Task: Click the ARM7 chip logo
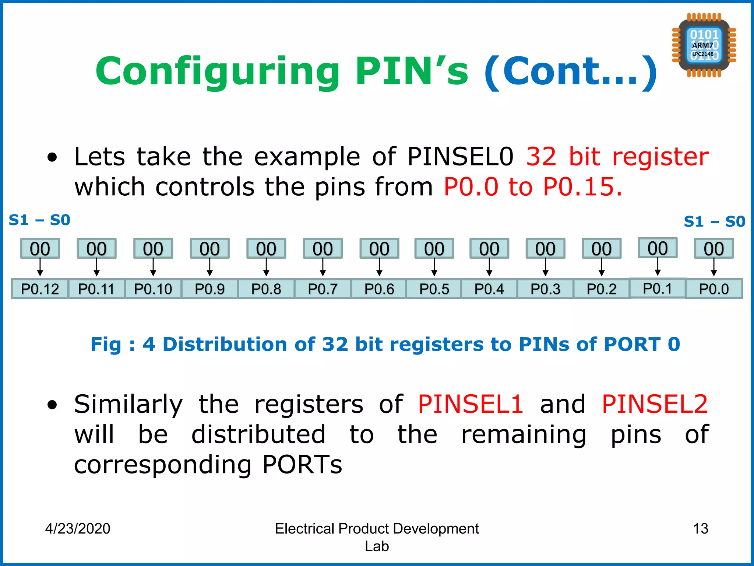point(704,45)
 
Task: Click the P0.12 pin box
point(40,289)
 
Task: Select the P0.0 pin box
point(714,289)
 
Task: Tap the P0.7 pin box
point(323,289)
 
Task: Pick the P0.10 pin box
point(153,289)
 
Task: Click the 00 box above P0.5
point(434,249)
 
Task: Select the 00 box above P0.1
point(658,248)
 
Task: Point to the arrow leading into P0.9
point(209,268)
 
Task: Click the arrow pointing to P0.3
point(545,268)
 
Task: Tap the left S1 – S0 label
point(39,220)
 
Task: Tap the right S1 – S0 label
point(714,221)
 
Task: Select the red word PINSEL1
point(470,404)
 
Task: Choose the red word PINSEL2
point(655,404)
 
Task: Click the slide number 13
point(700,528)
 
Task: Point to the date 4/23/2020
point(78,528)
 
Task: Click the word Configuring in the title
point(217,71)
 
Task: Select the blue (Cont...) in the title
point(571,71)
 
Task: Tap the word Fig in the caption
point(106,345)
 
